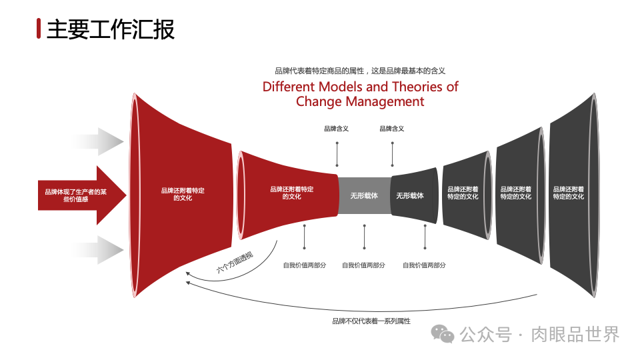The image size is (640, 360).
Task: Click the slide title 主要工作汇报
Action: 111,29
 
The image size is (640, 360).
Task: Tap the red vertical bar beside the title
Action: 39,29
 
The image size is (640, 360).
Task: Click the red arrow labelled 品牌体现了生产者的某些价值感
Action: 73,195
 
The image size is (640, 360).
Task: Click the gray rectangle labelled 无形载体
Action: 364,196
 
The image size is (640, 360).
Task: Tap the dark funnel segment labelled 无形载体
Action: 411,196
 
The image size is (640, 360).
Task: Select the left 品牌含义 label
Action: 337,129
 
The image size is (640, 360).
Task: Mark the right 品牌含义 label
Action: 392,129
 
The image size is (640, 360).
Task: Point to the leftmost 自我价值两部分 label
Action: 305,265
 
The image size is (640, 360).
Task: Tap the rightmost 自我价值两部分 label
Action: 424,265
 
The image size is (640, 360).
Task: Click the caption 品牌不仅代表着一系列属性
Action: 371,321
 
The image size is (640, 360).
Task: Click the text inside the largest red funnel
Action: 183,194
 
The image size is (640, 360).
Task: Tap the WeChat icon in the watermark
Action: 442,333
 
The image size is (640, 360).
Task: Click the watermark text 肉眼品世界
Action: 575,334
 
